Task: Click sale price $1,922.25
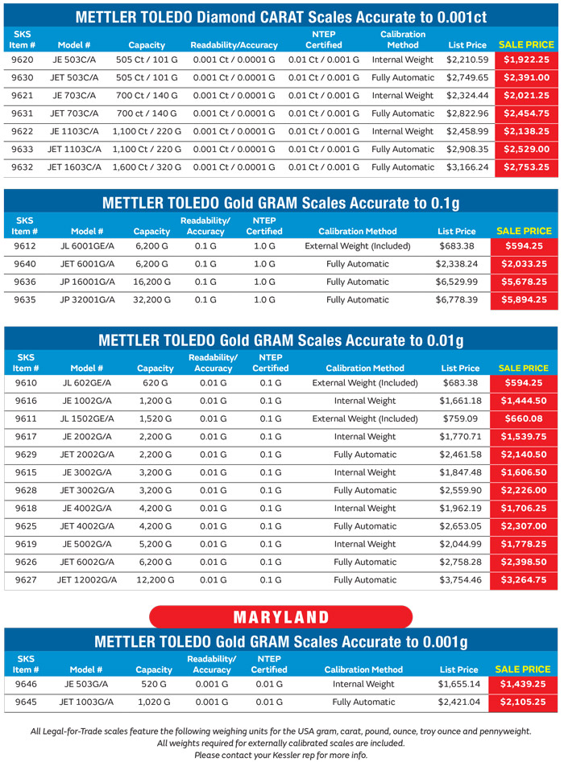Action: (526, 60)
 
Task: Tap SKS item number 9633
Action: (23, 149)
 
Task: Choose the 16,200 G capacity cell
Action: (151, 282)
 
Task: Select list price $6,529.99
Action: (457, 282)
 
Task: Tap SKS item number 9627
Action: (26, 579)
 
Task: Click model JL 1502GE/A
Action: (88, 418)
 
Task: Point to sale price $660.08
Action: (525, 418)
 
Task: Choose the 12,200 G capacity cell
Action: (156, 579)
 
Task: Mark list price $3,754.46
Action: (460, 579)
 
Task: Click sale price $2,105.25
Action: (523, 702)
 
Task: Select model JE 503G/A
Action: (86, 684)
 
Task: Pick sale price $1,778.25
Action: (525, 543)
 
